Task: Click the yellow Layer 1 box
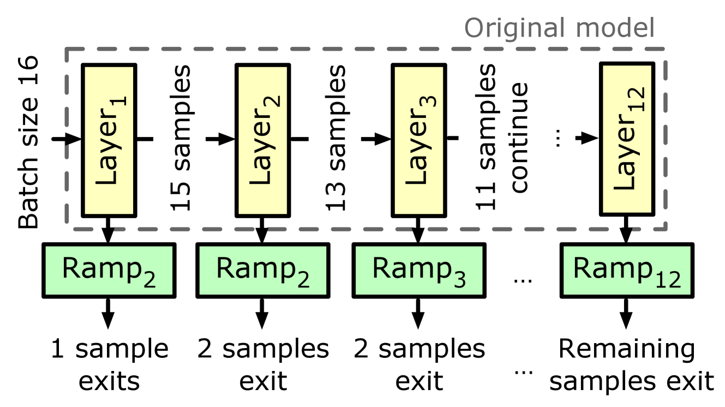coord(109,140)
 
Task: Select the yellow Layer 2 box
coord(262,140)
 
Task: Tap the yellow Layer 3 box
coord(418,140)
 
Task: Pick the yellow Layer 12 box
coord(627,139)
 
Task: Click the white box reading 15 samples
coord(179,139)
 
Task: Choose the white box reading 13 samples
coord(334,139)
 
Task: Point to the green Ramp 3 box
coord(418,270)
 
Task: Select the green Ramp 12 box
coord(626,270)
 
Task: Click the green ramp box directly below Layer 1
coord(109,270)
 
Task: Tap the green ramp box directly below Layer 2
coord(262,270)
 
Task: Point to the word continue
coord(519,137)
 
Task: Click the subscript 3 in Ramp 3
coord(459,280)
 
